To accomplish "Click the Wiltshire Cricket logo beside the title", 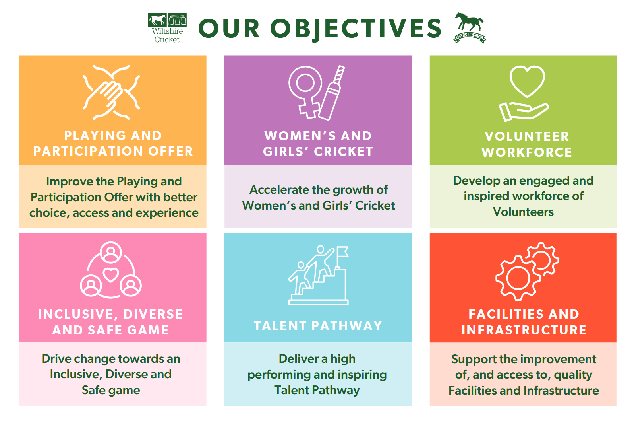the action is (167, 28).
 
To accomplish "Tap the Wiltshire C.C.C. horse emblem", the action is (470, 28).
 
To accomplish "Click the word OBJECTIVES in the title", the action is (356, 29).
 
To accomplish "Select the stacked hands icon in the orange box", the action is (111, 92).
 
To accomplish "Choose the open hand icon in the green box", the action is (524, 112).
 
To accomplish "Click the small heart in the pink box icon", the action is (111, 274).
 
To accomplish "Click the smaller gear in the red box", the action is (542, 259).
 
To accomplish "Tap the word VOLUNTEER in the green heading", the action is (527, 136).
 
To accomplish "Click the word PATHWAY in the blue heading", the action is (347, 326).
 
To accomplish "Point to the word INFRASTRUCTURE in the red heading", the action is (524, 330).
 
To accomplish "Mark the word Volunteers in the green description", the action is (523, 212).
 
